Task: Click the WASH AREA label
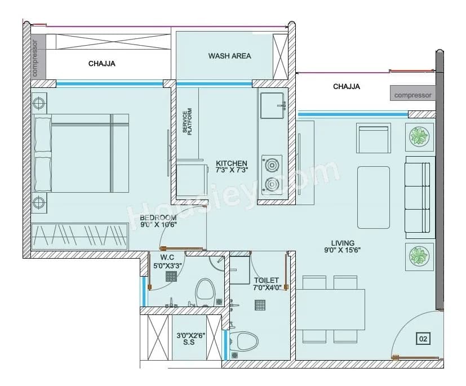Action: tap(229, 56)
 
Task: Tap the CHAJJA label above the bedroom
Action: tap(101, 64)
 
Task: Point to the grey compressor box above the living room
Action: tap(412, 95)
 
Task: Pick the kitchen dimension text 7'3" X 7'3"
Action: tap(232, 167)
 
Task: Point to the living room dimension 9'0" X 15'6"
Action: tap(342, 246)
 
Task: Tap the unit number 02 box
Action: tap(423, 339)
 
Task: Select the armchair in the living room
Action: tap(373, 137)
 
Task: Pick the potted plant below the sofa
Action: tap(419, 258)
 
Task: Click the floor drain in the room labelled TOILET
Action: tap(260, 305)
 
